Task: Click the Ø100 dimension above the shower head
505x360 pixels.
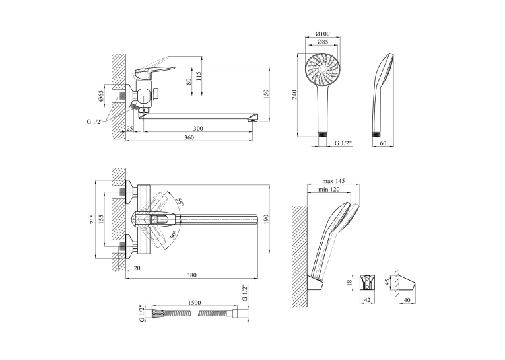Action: coord(322,34)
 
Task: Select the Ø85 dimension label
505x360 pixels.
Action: coord(322,42)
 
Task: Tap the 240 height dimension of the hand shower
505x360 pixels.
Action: coord(294,94)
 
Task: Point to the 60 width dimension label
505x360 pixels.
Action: coord(383,143)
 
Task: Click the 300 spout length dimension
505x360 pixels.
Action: coord(198,129)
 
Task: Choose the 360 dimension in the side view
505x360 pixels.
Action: coord(189,137)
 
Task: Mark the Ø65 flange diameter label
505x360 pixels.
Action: coord(100,96)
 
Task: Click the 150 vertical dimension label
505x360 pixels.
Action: coord(266,94)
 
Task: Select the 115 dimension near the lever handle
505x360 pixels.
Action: coord(199,76)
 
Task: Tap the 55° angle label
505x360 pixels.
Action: coord(181,202)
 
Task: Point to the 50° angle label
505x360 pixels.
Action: coord(174,235)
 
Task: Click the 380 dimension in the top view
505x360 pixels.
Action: coord(191,275)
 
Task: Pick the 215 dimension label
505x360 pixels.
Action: coord(92,219)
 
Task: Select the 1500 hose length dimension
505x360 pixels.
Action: coord(194,303)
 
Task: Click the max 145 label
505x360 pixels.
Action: coord(333,181)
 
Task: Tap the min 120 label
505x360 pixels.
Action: coord(329,189)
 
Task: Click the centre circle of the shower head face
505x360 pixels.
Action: coord(323,69)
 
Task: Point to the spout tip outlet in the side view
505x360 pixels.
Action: coord(253,120)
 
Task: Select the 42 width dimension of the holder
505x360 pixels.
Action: coord(367,300)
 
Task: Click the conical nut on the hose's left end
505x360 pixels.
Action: coord(158,313)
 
